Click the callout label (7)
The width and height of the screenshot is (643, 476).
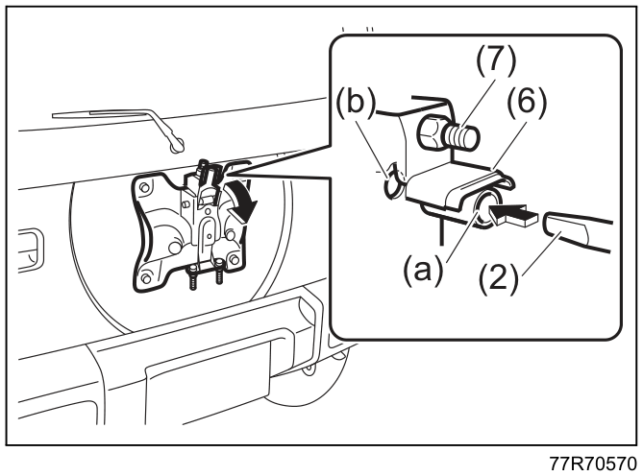point(496,61)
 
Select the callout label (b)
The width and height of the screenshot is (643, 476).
point(356,103)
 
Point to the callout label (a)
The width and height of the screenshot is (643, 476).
point(423,271)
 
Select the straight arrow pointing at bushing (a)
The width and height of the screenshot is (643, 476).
point(513,216)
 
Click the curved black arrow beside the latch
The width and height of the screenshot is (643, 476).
point(241,199)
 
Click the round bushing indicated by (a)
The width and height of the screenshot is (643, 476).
point(488,210)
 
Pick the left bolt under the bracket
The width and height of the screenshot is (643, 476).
point(193,277)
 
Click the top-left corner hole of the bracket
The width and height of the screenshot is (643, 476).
point(143,187)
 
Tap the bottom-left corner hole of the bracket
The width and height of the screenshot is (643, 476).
point(145,278)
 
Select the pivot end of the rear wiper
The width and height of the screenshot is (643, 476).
point(177,145)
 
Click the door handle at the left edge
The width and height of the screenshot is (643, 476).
point(31,250)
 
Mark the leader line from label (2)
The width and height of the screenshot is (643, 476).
point(540,253)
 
